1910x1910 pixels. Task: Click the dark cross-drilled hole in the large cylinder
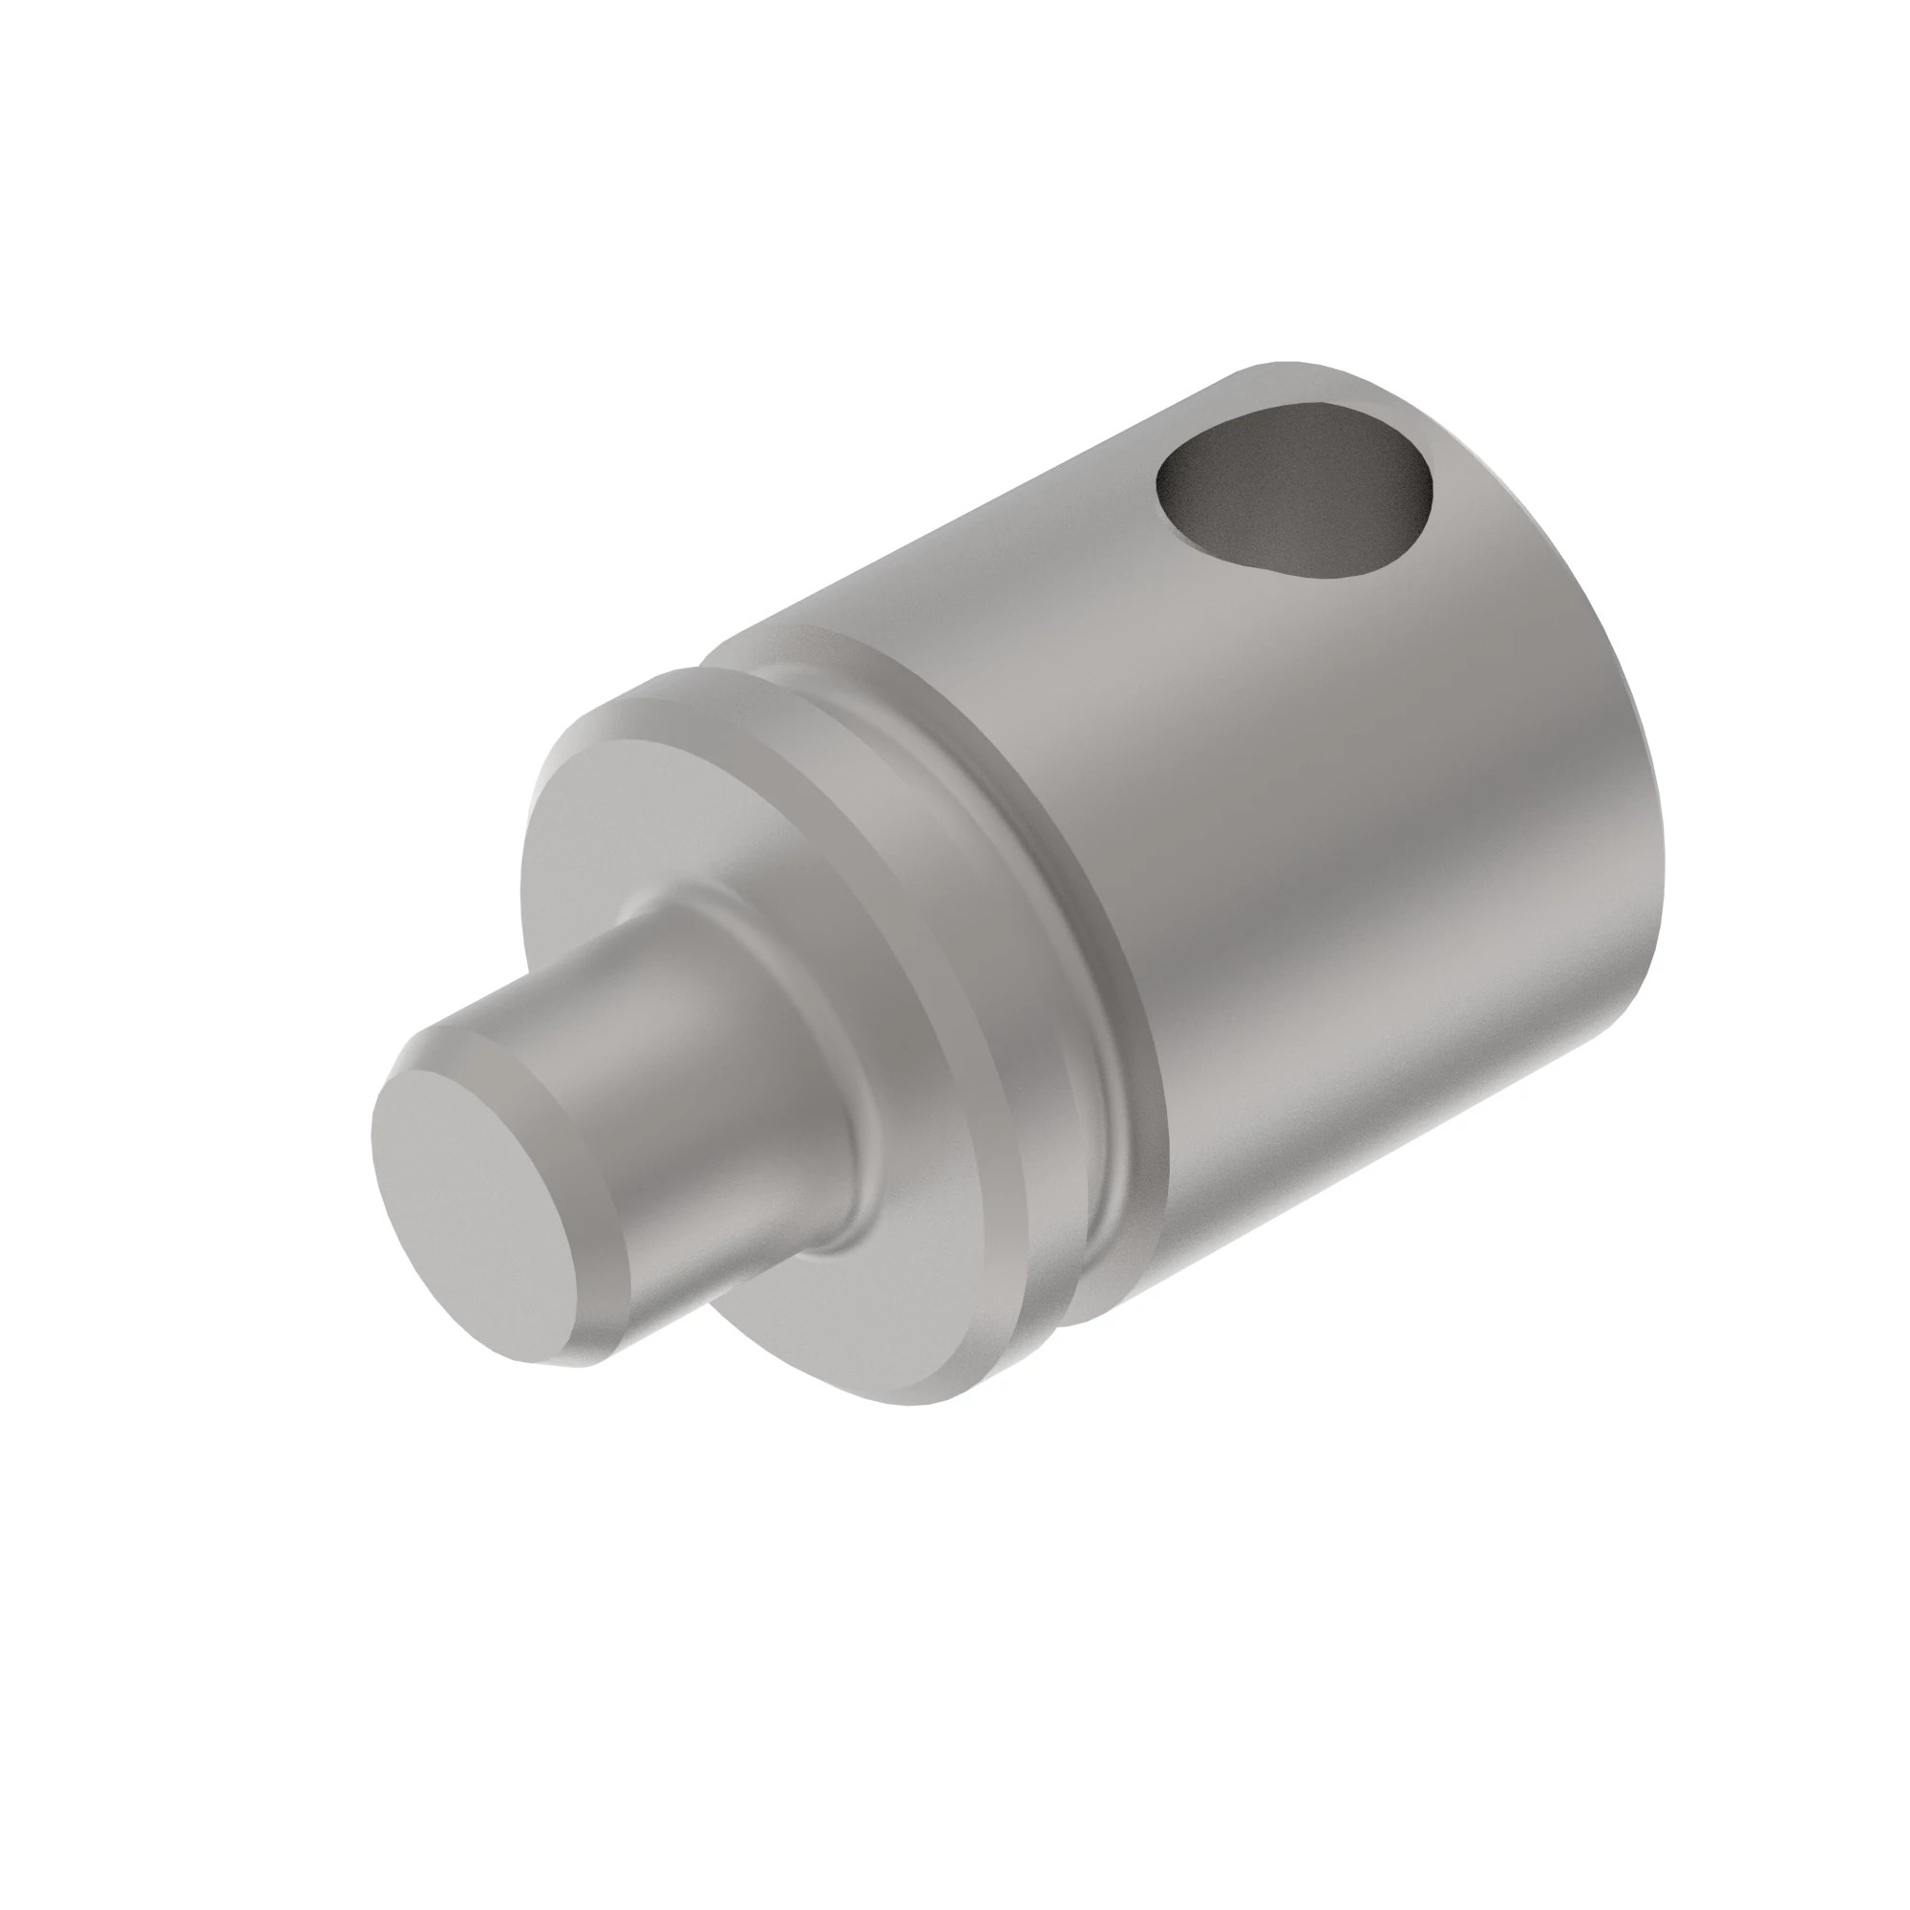point(1295,495)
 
